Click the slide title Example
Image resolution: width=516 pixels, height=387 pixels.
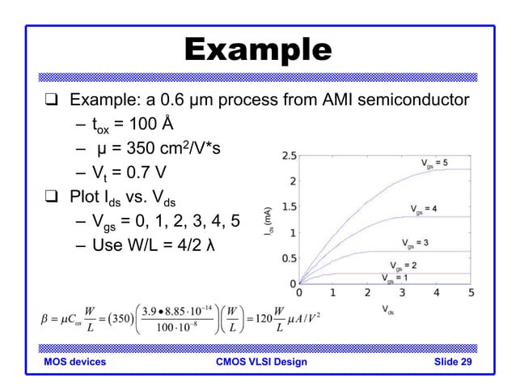258,49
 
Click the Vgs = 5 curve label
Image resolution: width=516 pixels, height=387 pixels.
438,164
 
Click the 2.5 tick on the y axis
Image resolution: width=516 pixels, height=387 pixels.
287,155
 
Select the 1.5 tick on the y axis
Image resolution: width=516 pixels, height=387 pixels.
287,206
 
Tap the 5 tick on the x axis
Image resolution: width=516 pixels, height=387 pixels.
471,293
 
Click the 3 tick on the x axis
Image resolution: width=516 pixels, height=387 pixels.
402,293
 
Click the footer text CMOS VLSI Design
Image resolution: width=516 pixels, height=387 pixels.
258,362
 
